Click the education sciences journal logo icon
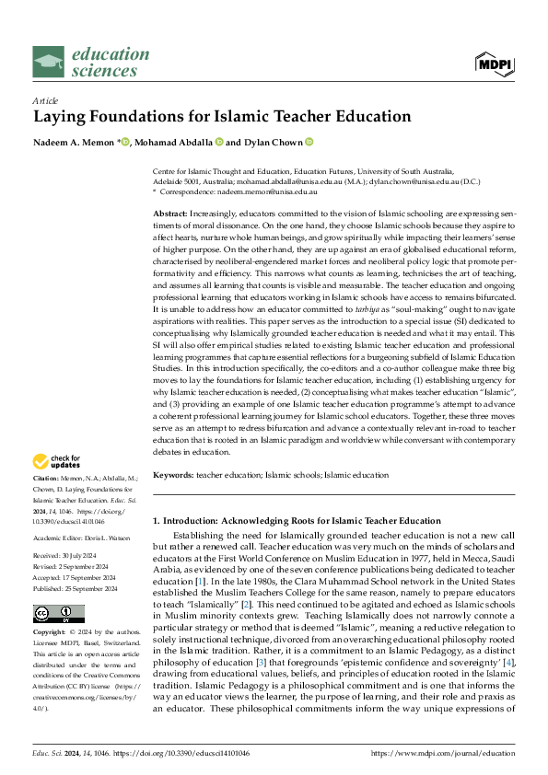click(x=49, y=62)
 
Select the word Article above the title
click(x=45, y=99)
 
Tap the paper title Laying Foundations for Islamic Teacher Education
click(x=222, y=117)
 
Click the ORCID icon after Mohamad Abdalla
click(x=220, y=142)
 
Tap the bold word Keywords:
click(x=173, y=475)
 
